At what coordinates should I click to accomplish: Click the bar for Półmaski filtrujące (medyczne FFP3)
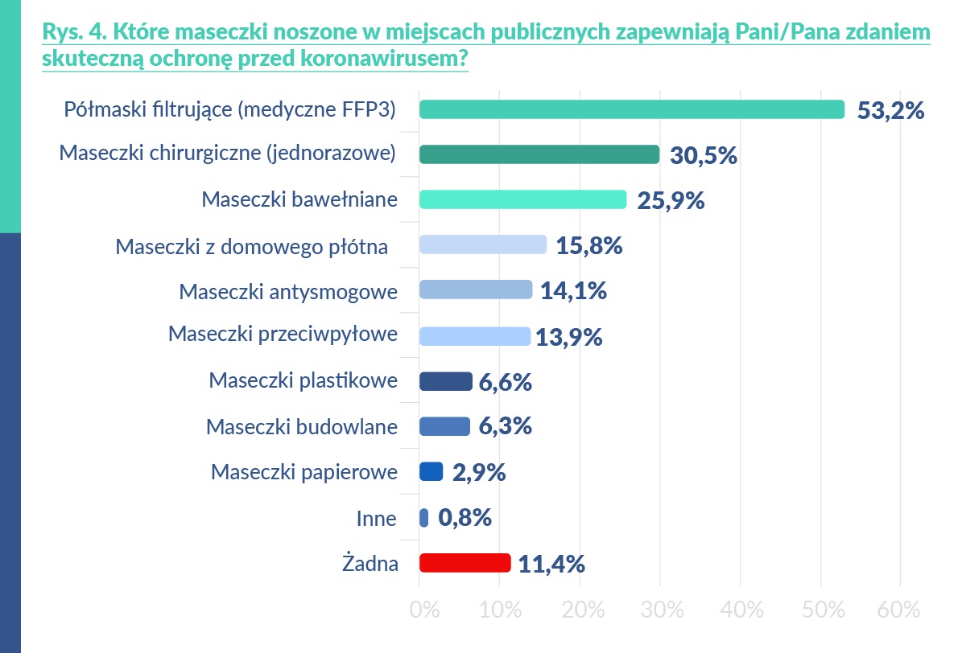tap(632, 109)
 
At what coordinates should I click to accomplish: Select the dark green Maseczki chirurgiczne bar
tap(539, 154)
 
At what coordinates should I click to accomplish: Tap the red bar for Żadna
tap(465, 563)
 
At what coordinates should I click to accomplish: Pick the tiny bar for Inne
tap(424, 518)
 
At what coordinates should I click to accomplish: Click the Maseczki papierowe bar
tap(432, 472)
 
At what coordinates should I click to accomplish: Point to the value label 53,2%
tap(890, 110)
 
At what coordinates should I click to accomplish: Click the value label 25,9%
tap(671, 200)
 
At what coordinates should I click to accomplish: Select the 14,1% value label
tap(574, 291)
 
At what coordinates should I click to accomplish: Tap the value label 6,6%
tap(505, 382)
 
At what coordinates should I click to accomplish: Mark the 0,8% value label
tap(465, 518)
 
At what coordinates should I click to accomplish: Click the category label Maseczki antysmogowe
tap(288, 291)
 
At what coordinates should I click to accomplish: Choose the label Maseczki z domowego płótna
tap(252, 246)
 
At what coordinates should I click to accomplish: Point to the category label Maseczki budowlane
tap(301, 427)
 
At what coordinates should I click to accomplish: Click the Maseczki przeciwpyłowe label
tap(283, 334)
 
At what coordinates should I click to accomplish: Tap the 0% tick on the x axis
tap(424, 610)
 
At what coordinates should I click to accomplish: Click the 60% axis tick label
tap(898, 610)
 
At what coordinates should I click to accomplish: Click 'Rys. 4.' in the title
tap(72, 33)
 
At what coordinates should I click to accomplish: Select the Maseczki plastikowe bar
tap(445, 381)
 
